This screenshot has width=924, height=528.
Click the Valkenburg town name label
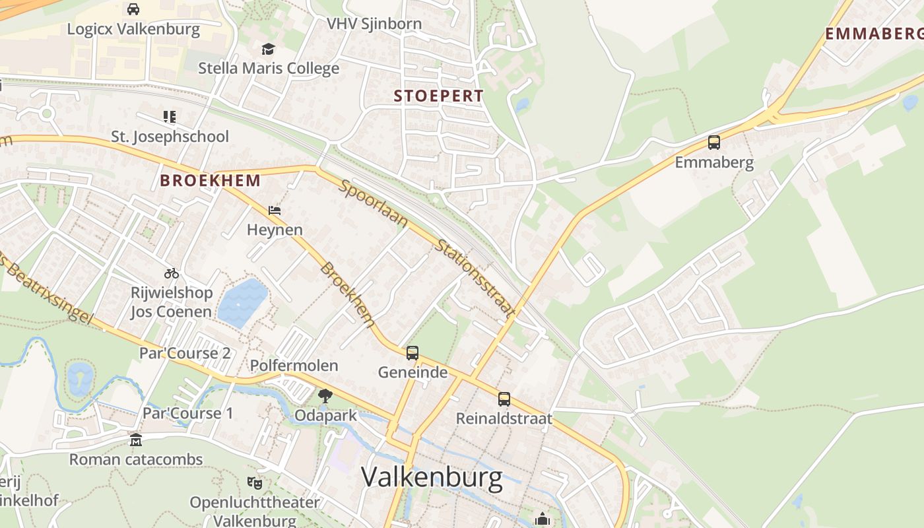(x=432, y=477)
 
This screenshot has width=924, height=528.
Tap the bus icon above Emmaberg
(x=713, y=142)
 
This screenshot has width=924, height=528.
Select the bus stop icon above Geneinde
(x=412, y=353)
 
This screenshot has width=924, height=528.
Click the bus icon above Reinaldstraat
(x=504, y=399)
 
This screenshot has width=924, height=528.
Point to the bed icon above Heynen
(x=275, y=211)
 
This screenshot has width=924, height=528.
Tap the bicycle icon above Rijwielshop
(x=172, y=273)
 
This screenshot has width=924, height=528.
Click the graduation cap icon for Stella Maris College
(x=268, y=49)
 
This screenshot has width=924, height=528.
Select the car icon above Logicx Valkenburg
(x=133, y=9)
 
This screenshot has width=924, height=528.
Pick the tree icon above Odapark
(x=325, y=396)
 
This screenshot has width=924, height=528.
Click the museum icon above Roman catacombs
(x=135, y=440)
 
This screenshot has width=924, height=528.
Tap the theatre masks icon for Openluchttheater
(x=255, y=483)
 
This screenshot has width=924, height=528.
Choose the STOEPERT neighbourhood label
(x=439, y=96)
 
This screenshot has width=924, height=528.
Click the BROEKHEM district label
(x=211, y=180)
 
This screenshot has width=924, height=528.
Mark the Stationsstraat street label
(x=474, y=279)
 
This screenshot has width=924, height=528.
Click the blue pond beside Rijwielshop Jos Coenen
(x=242, y=302)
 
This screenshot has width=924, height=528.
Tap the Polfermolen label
(x=294, y=366)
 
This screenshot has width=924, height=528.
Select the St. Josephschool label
(x=170, y=137)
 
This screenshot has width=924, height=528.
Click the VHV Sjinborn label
(x=374, y=24)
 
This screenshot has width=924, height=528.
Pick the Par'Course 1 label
(x=188, y=413)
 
